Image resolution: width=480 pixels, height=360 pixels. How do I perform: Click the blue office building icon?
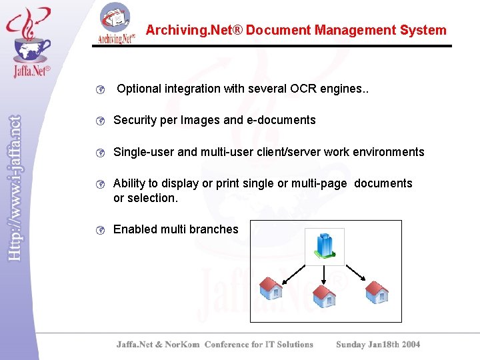[325, 246]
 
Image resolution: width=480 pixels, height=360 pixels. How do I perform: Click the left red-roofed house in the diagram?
[271, 287]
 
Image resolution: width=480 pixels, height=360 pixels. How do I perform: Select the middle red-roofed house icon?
[324, 296]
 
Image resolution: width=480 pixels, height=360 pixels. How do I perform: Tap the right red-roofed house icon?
[376, 291]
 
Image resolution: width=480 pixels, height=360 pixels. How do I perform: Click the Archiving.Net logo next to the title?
[117, 23]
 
